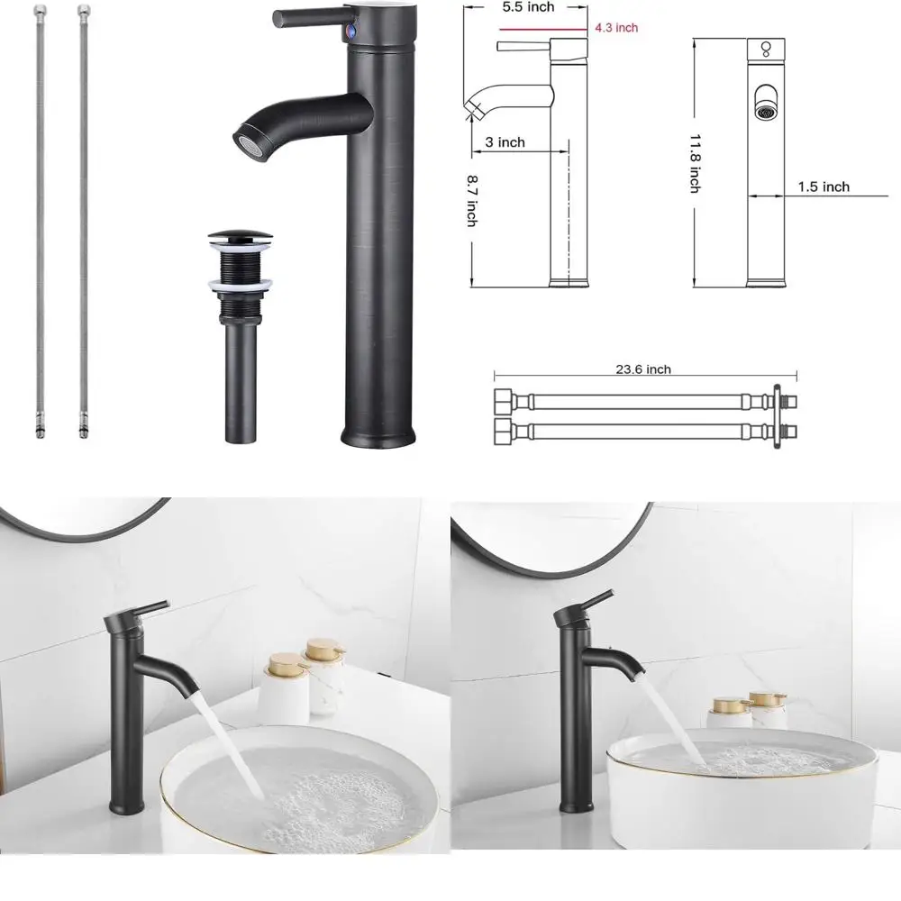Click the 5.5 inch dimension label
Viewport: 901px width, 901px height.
528,8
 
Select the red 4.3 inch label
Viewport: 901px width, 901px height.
616,28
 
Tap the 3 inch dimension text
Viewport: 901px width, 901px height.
505,142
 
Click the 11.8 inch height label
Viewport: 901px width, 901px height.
695,163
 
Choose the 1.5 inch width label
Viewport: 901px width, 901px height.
824,187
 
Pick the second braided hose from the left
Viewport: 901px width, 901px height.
84,216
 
